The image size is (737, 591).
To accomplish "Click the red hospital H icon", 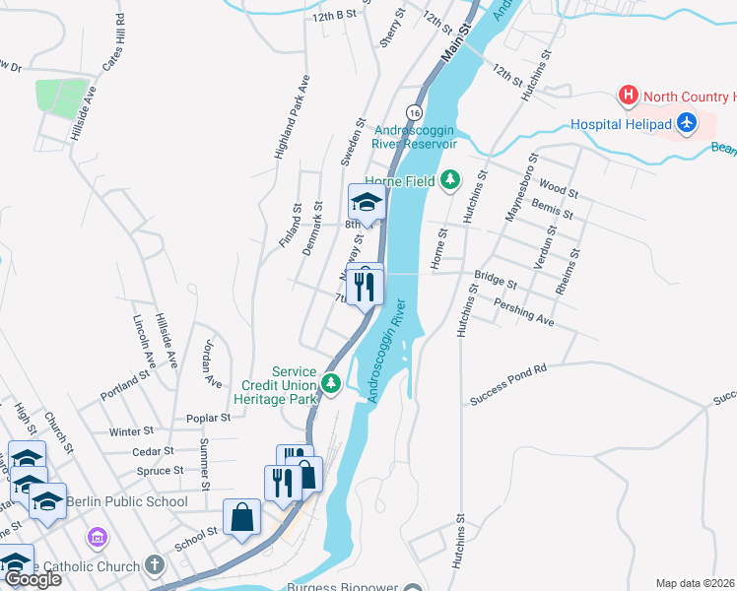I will [628, 96].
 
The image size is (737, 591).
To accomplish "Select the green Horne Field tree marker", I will [450, 179].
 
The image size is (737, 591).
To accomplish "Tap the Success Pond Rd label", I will [508, 382].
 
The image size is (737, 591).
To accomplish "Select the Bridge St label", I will [495, 283].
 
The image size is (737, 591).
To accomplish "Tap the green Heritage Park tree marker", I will [332, 382].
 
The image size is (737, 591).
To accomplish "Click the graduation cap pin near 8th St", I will [367, 202].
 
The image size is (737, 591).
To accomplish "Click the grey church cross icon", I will [154, 565].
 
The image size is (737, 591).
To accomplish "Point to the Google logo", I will [33, 579].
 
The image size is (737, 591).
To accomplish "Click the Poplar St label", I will [210, 418].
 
